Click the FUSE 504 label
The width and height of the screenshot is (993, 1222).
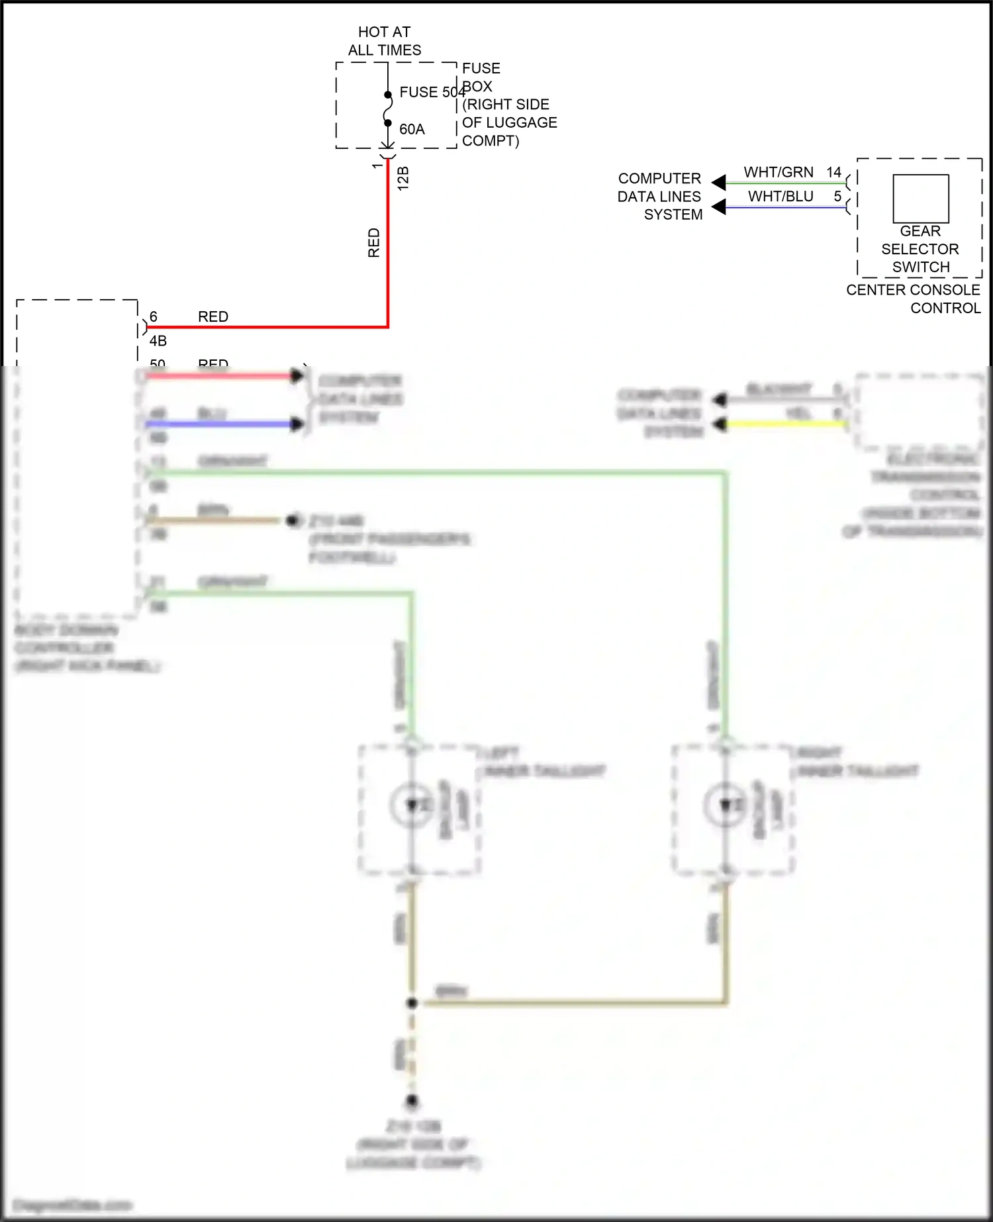coord(432,93)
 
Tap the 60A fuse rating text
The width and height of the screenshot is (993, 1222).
coord(412,130)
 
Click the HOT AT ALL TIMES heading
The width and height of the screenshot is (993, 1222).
coord(384,41)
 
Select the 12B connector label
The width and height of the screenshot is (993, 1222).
coord(403,179)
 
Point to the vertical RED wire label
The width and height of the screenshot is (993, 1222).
coord(374,243)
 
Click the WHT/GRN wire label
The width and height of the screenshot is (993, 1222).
coord(779,173)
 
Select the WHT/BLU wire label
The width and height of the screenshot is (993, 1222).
coord(780,197)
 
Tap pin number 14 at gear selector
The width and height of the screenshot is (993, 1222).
coord(833,173)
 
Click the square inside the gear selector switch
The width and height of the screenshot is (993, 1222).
coord(920,199)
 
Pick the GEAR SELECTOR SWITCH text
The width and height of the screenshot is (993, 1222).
coord(920,250)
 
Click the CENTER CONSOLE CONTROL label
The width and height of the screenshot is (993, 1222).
coord(914,299)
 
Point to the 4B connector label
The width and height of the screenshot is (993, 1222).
coord(158,342)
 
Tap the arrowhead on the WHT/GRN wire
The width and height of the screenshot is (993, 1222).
coord(719,182)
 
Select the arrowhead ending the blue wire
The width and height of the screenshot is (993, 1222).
coord(297,424)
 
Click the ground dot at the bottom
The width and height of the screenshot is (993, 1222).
coord(412,1101)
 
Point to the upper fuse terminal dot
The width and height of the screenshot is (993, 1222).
coord(388,95)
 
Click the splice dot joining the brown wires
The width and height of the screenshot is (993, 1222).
coord(412,1003)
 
